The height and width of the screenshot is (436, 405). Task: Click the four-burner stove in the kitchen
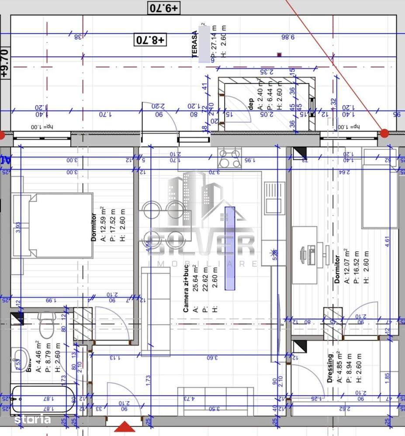click(x=229, y=158)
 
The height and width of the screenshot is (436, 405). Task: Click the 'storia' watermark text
click(x=33, y=420)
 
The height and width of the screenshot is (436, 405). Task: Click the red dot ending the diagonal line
click(x=384, y=133)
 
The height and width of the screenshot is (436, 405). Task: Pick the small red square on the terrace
click(x=279, y=55)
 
